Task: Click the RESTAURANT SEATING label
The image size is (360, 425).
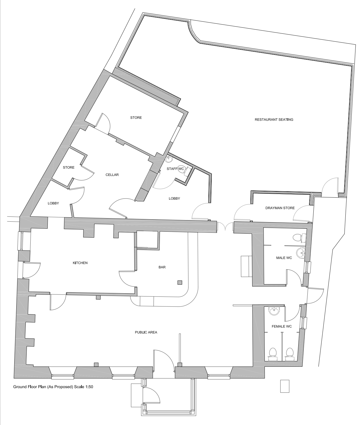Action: tap(274, 119)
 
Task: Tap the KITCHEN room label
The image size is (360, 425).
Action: tap(80, 263)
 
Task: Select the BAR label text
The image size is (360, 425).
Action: tap(162, 267)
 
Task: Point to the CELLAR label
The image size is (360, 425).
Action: tap(112, 175)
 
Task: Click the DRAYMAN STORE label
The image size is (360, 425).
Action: tap(280, 208)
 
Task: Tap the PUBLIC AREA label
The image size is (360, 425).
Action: tap(146, 332)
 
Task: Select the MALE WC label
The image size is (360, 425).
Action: tap(284, 258)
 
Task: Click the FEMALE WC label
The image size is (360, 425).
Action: tap(282, 326)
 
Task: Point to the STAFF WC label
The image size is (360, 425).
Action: tap(175, 169)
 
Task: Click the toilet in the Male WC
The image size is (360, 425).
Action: tap(299, 238)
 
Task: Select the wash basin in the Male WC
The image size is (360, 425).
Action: tap(301, 252)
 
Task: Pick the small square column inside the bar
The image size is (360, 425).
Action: tap(180, 282)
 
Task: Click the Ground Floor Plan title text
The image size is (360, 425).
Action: tap(43, 387)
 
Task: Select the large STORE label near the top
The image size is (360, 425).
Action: tap(136, 118)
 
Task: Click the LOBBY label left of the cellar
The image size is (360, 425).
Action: tap(53, 203)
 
